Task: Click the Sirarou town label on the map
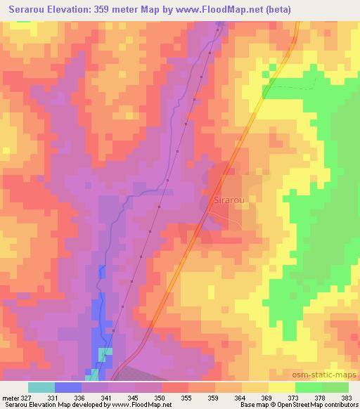pos(227,201)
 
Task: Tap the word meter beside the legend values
pos(9,397)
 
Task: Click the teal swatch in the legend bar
pos(41,387)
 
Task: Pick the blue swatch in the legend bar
pos(68,387)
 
